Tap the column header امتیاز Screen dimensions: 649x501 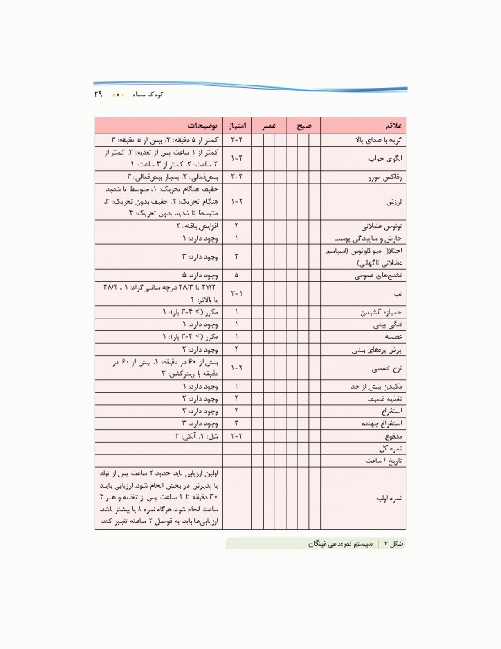tap(237, 124)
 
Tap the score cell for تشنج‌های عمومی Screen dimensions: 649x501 tap(237, 275)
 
